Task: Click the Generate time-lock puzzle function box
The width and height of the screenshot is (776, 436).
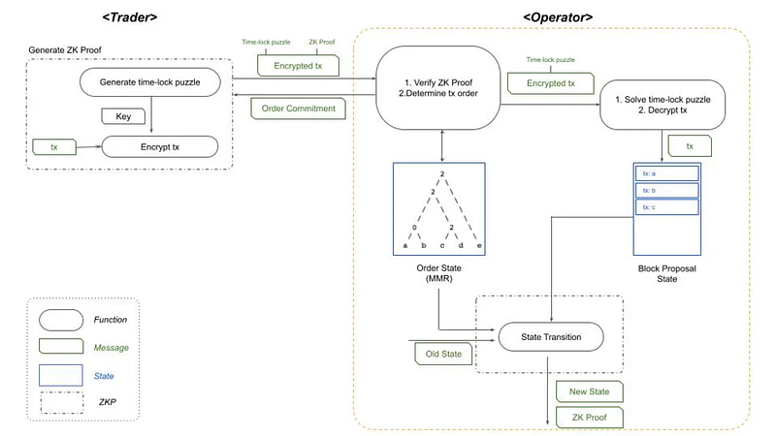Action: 150,82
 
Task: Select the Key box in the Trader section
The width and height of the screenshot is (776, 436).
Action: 123,116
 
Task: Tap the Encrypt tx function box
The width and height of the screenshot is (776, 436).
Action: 160,147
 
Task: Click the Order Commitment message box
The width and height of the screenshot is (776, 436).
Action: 298,109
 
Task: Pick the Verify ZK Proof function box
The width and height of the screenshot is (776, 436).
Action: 438,88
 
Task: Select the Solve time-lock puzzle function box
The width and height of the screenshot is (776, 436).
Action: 663,105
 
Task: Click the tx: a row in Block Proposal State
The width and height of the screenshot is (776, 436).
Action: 666,173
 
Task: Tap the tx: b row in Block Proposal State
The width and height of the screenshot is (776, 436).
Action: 666,190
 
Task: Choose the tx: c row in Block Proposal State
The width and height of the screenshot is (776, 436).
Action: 666,207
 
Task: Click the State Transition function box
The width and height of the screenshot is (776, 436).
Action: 551,337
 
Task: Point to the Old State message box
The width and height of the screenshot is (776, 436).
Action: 443,354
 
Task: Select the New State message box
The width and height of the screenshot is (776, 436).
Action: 590,391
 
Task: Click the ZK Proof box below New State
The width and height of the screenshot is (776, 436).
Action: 590,418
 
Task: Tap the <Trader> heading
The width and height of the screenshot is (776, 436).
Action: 130,17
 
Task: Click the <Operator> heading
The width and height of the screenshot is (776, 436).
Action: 558,17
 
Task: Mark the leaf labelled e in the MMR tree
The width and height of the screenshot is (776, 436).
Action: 479,245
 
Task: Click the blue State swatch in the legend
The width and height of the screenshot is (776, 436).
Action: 61,375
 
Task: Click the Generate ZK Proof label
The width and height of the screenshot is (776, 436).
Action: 65,50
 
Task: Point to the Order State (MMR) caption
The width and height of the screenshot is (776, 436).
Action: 439,273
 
